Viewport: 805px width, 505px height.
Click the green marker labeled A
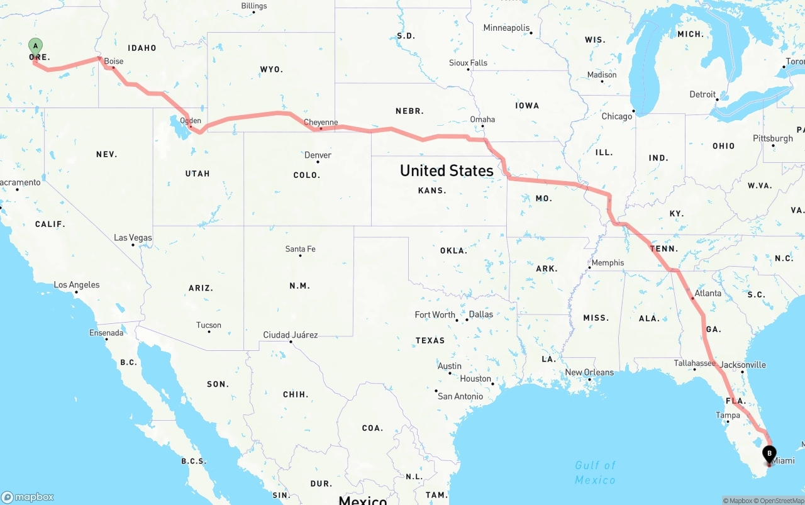(x=36, y=46)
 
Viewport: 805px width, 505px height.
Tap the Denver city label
(x=318, y=155)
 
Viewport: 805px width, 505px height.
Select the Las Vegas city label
(x=133, y=238)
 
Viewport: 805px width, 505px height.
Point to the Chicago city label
(x=616, y=116)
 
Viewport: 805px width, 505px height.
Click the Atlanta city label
(x=708, y=293)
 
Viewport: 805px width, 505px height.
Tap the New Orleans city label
(x=589, y=372)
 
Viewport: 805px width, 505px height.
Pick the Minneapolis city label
(x=506, y=28)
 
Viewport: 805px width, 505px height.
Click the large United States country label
(x=447, y=170)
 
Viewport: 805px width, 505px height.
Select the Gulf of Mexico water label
(x=595, y=472)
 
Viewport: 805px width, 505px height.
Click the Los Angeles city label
(x=77, y=285)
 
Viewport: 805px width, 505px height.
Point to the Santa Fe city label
(x=300, y=249)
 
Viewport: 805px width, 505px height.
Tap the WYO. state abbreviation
(x=271, y=69)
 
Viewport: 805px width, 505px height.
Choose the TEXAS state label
(x=430, y=340)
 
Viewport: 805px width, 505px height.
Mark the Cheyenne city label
(x=321, y=123)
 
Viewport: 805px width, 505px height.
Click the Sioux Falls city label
(x=468, y=63)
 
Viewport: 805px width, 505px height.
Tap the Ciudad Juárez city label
(x=291, y=335)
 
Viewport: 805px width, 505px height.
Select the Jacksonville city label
(x=743, y=365)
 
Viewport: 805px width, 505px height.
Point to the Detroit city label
(x=702, y=95)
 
